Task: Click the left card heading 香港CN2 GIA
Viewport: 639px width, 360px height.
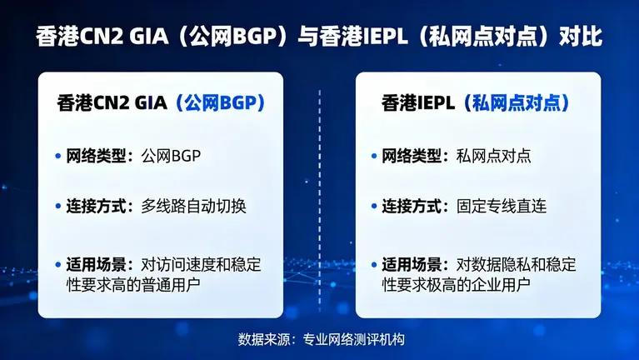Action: pos(112,103)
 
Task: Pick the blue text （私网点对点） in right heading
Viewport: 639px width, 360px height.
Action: pos(517,103)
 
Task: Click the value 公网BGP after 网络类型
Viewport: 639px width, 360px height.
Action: pos(172,156)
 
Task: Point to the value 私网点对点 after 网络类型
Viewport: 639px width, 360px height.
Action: pos(494,156)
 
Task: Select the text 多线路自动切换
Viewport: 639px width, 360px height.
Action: pos(193,206)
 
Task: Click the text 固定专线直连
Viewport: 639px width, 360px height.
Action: pos(502,206)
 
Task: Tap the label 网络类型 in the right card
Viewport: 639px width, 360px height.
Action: pos(411,156)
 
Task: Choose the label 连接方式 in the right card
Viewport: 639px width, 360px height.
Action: pos(411,206)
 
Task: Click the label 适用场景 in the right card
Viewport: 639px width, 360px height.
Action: pos(411,265)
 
